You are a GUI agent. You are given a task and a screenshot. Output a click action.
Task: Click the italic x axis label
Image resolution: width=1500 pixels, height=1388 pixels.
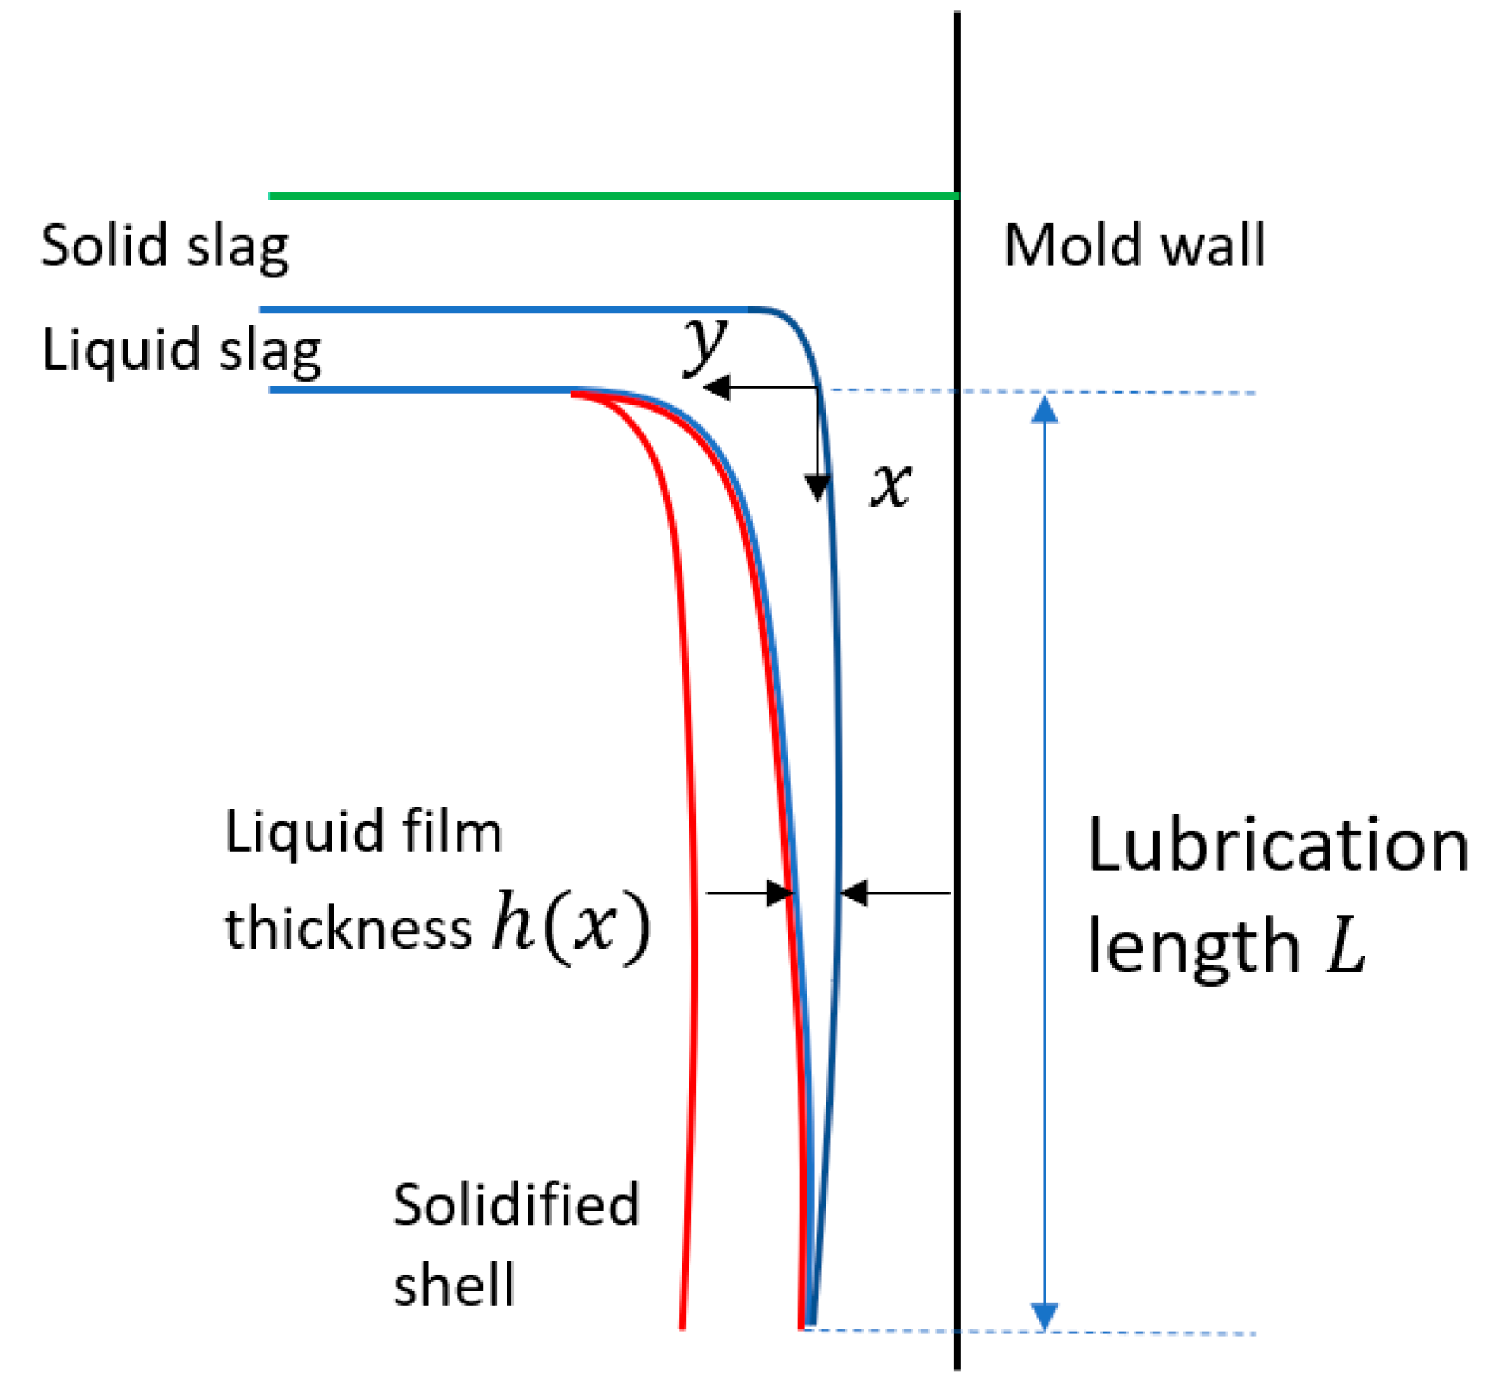point(891,485)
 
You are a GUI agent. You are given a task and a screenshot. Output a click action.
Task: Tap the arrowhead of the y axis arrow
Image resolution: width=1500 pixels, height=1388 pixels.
point(716,387)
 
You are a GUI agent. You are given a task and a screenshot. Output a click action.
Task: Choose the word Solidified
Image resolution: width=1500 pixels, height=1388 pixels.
point(515,1204)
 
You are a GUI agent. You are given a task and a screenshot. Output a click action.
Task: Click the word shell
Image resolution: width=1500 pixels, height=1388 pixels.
point(454,1284)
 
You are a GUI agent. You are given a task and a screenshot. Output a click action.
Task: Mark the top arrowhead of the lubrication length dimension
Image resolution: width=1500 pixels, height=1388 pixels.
point(1045,410)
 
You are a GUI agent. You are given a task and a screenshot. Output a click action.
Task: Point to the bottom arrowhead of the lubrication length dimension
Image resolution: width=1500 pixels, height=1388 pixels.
point(1045,1315)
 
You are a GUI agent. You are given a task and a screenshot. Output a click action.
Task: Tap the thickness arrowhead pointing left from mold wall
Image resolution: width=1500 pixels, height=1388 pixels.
point(854,892)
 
